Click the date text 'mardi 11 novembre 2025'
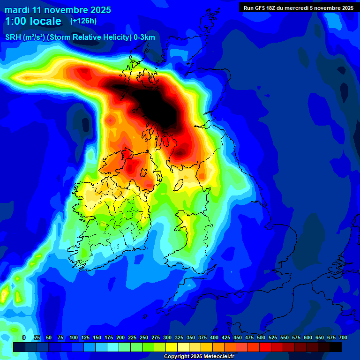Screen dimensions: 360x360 [58, 10]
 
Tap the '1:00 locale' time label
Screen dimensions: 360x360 [33, 21]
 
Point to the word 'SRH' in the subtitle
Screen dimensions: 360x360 [13, 37]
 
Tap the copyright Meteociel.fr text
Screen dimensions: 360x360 [199, 357]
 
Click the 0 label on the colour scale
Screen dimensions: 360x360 [23, 338]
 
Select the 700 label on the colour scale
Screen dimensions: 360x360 [343, 338]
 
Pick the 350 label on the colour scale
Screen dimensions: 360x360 [191, 338]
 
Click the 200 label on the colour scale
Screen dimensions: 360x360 [120, 338]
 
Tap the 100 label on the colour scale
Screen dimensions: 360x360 [74, 338]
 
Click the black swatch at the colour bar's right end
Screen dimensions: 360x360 [336, 347]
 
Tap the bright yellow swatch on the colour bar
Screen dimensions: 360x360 [172, 347]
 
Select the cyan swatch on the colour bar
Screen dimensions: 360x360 [113, 347]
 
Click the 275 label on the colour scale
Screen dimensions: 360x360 [156, 338]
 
